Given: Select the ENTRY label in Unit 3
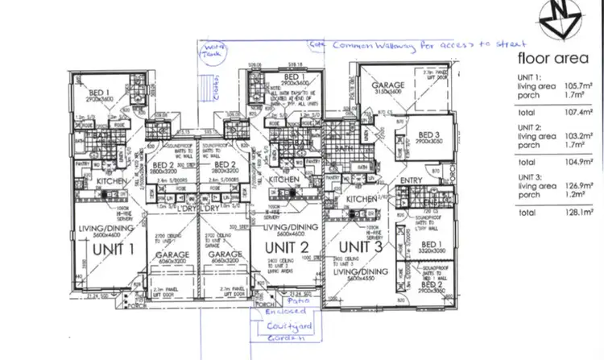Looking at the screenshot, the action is (411, 180).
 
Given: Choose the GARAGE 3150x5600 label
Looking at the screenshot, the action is (387, 89).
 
